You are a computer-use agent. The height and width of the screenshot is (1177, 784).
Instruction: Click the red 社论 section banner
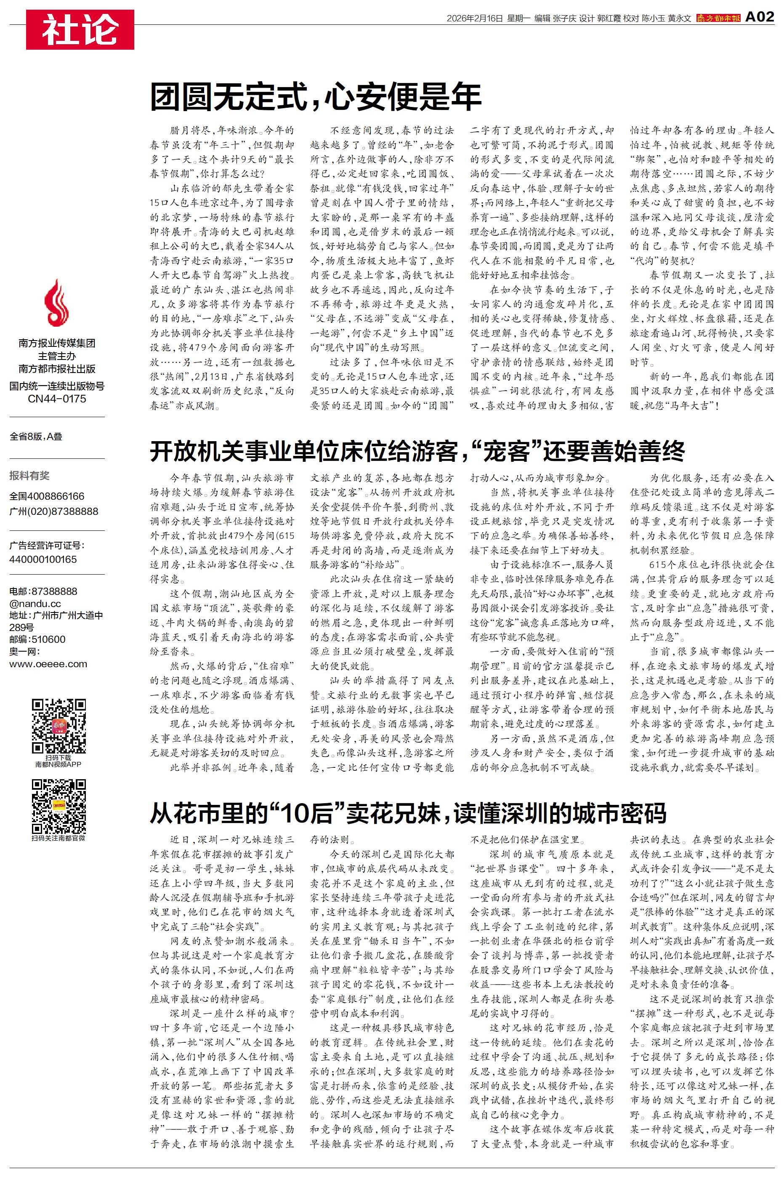[80, 29]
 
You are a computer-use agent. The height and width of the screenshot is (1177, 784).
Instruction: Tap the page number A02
[759, 17]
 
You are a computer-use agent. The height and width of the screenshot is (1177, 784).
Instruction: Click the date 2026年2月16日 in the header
[474, 19]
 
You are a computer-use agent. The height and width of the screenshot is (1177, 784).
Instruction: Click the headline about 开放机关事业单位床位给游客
[417, 452]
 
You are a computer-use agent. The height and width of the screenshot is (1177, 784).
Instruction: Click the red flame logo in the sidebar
[56, 304]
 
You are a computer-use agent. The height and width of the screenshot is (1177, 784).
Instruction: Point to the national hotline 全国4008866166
[47, 496]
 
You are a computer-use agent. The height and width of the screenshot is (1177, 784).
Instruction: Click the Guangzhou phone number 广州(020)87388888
[53, 511]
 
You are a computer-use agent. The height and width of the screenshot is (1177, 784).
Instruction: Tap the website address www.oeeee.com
[48, 664]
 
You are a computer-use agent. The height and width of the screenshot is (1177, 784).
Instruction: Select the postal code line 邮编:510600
[37, 639]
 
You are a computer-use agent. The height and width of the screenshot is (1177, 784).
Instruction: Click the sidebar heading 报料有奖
[29, 476]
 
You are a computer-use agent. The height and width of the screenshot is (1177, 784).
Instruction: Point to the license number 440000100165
[43, 559]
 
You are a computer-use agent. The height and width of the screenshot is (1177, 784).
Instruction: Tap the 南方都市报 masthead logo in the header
[718, 19]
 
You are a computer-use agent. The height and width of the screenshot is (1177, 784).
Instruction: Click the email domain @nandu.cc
[35, 604]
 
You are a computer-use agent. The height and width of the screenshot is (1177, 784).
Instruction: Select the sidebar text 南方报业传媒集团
[56, 343]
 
